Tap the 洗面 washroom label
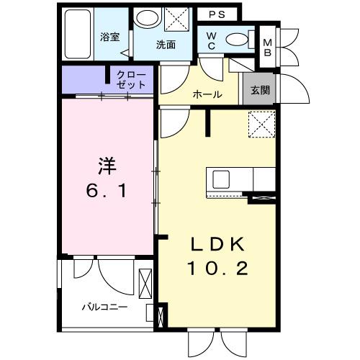point(166,45)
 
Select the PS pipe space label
point(217,14)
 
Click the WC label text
point(212,40)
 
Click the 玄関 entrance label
point(261,91)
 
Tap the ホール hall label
point(207,95)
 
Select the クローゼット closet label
point(131,80)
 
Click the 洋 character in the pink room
point(107,166)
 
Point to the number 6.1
point(107,193)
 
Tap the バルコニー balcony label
point(104,306)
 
